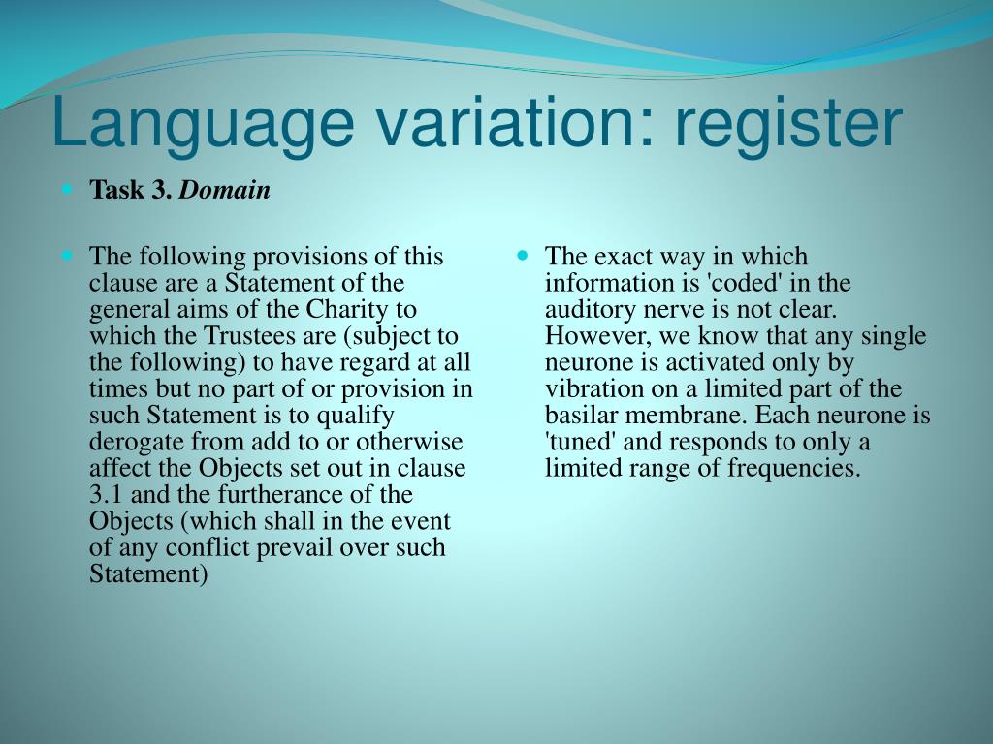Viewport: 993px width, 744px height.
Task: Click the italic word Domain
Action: pyautogui.click(x=225, y=191)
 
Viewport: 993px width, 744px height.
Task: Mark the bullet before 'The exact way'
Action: pyautogui.click(x=523, y=257)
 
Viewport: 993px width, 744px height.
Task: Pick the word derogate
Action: pyautogui.click(x=136, y=443)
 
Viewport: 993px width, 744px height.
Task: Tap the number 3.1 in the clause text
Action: pyautogui.click(x=105, y=495)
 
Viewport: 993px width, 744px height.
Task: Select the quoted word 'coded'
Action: pyautogui.click(x=735, y=284)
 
